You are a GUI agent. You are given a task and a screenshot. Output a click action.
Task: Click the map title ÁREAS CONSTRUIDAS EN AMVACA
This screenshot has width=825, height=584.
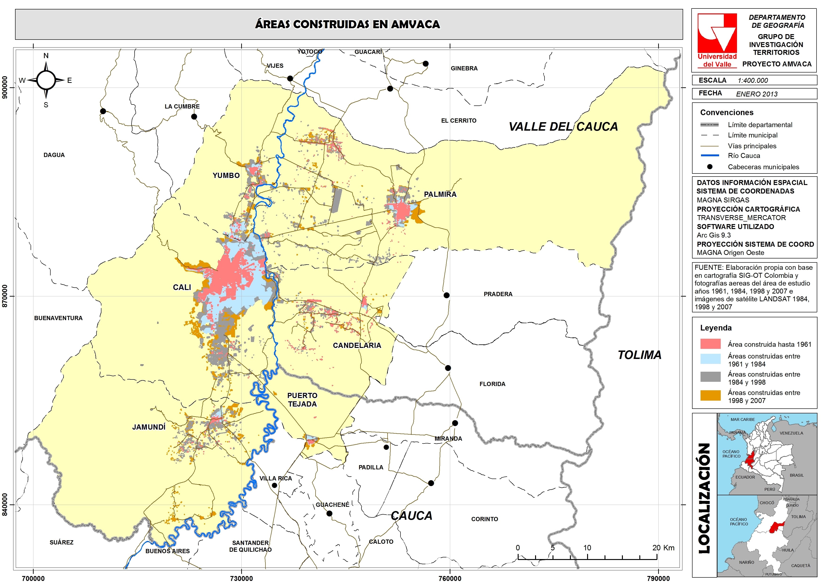point(348,24)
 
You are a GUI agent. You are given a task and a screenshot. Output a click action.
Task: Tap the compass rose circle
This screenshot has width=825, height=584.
point(46,80)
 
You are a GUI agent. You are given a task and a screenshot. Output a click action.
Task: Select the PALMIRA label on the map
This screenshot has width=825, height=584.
point(440,194)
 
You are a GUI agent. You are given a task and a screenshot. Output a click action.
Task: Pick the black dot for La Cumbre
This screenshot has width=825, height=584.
point(194,117)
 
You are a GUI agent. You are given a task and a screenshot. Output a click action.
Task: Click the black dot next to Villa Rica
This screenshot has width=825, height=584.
point(274,485)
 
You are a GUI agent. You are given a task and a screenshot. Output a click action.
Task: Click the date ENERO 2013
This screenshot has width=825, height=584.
point(756,94)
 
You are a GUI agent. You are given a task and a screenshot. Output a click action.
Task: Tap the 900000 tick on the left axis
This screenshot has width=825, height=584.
point(5,88)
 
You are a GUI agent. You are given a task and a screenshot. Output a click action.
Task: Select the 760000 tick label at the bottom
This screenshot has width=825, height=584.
point(450,578)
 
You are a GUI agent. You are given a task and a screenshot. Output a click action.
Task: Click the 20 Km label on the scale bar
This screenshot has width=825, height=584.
point(663,548)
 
